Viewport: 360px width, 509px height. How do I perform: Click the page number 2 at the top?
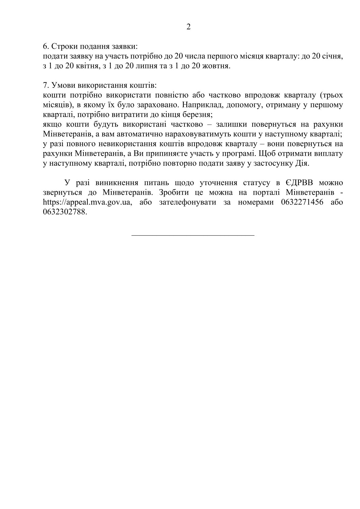188,27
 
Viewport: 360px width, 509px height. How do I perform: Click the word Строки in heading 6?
62,47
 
